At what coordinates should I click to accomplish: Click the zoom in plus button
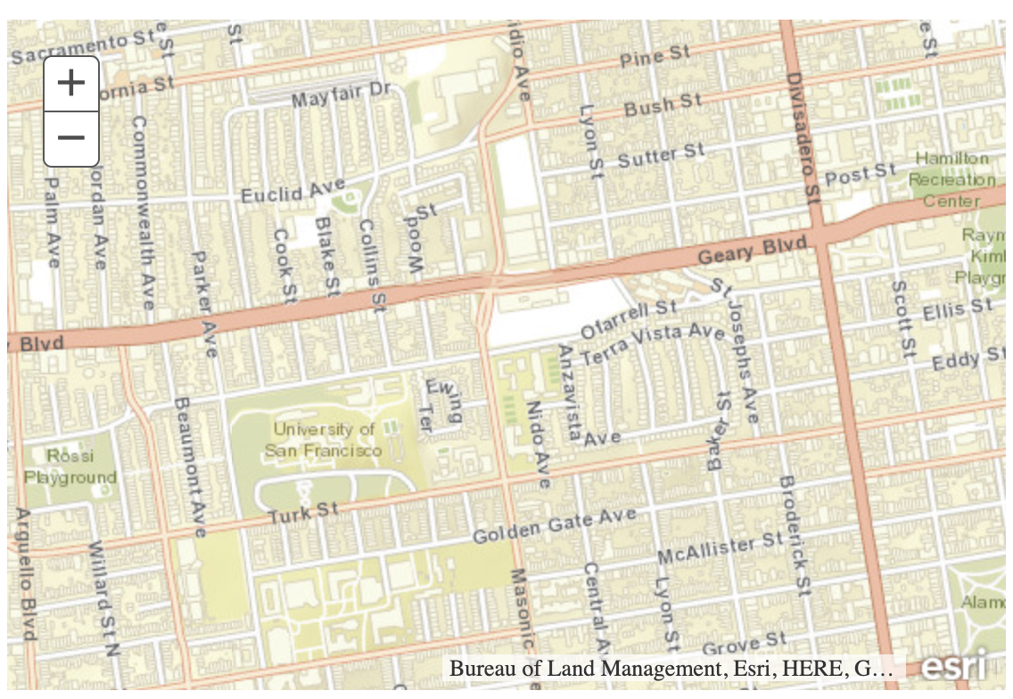pyautogui.click(x=71, y=84)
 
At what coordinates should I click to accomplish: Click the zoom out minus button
pyautogui.click(x=71, y=139)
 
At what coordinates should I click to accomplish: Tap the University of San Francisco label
pyautogui.click(x=323, y=440)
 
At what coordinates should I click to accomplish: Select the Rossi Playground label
pyautogui.click(x=70, y=466)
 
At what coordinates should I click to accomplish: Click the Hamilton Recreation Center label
pyautogui.click(x=952, y=179)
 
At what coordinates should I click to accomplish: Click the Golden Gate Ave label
pyautogui.click(x=554, y=526)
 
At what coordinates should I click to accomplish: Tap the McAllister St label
pyautogui.click(x=720, y=548)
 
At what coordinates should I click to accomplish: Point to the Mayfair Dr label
pyautogui.click(x=342, y=94)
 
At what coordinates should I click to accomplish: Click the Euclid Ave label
pyautogui.click(x=292, y=191)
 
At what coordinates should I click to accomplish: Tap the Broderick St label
pyautogui.click(x=793, y=534)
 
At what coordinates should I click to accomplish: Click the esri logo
pyautogui.click(x=953, y=667)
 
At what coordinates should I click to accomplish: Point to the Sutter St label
pyautogui.click(x=660, y=157)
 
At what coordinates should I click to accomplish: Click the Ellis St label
pyautogui.click(x=957, y=310)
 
